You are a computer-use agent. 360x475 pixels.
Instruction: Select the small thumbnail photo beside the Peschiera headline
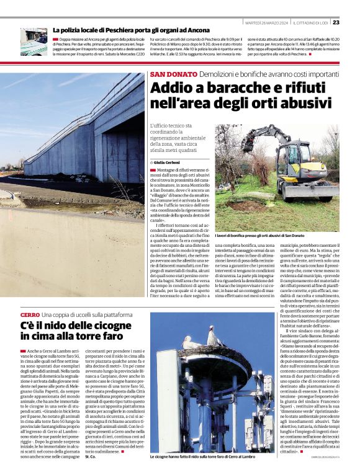[x=34, y=42]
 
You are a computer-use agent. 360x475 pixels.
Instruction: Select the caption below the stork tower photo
[x=202, y=456]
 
